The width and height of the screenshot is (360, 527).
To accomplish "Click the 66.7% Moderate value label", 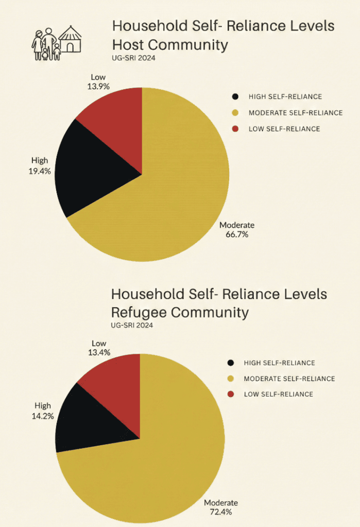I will (237, 235).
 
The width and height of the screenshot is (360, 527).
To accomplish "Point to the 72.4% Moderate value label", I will (221, 512).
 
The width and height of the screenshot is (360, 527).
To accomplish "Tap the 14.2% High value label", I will (43, 415).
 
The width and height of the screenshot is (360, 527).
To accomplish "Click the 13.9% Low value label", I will (98, 87).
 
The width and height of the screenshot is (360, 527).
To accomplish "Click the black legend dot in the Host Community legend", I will (236, 96).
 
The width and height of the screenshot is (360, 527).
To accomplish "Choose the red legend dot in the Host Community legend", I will (236, 129).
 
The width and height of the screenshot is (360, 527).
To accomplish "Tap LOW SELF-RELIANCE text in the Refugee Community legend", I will (278, 394).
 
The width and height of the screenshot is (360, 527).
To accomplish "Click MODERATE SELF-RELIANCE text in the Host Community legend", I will (295, 113).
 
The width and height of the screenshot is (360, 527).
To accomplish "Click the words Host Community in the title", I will (170, 45).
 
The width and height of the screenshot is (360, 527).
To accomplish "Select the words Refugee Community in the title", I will (180, 312).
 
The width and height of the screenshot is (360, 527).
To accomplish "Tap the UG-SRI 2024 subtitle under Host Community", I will (133, 58).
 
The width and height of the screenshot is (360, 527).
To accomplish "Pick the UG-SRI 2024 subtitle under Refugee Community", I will (132, 325).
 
